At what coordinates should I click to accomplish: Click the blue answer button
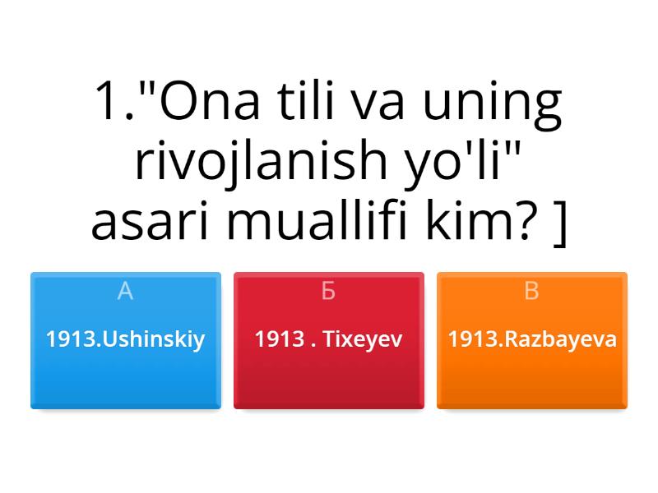click(125, 340)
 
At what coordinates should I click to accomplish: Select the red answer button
click(329, 340)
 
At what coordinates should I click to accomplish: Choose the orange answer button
click(532, 340)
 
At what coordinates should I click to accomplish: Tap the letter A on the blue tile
click(125, 291)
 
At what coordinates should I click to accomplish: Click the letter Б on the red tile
click(329, 291)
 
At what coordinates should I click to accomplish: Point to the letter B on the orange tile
click(532, 291)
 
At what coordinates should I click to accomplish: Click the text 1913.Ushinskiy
click(125, 339)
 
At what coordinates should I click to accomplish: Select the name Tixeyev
click(363, 339)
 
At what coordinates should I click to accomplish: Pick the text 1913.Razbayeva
click(532, 339)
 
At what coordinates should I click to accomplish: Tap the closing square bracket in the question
click(561, 222)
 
